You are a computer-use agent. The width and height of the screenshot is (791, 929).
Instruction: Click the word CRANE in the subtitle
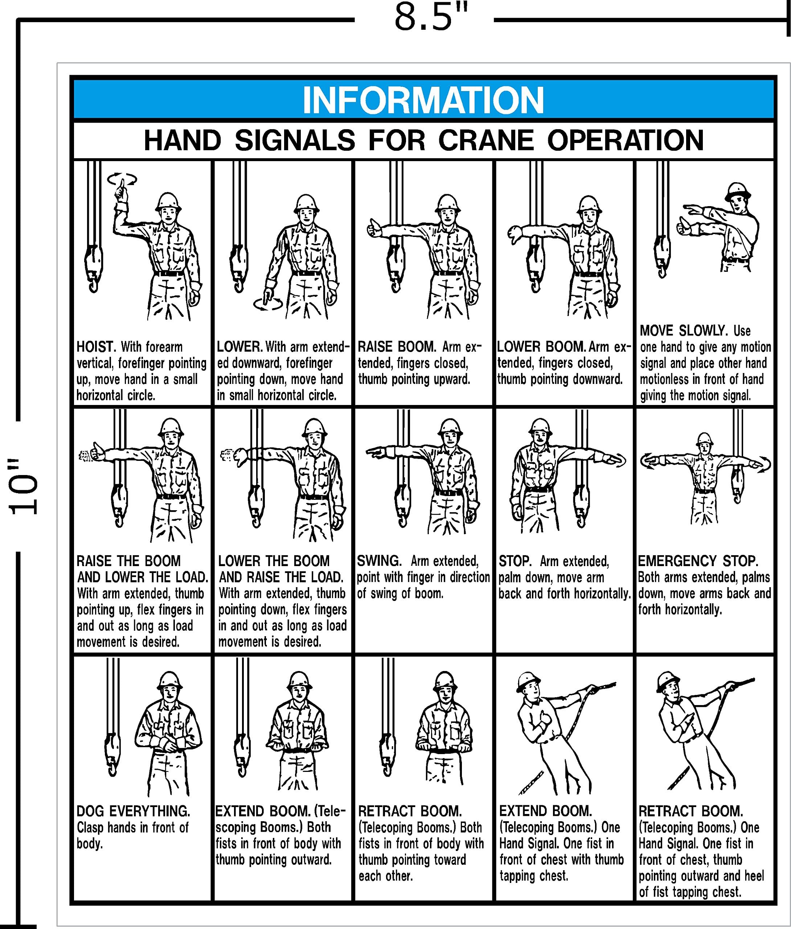click(485, 140)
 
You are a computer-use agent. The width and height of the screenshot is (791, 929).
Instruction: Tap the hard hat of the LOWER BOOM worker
click(589, 204)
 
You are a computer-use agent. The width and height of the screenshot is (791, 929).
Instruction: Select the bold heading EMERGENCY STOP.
click(698, 561)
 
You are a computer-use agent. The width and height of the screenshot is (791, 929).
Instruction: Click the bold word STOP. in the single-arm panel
click(515, 561)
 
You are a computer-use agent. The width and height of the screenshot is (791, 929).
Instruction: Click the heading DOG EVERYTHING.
click(133, 811)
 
